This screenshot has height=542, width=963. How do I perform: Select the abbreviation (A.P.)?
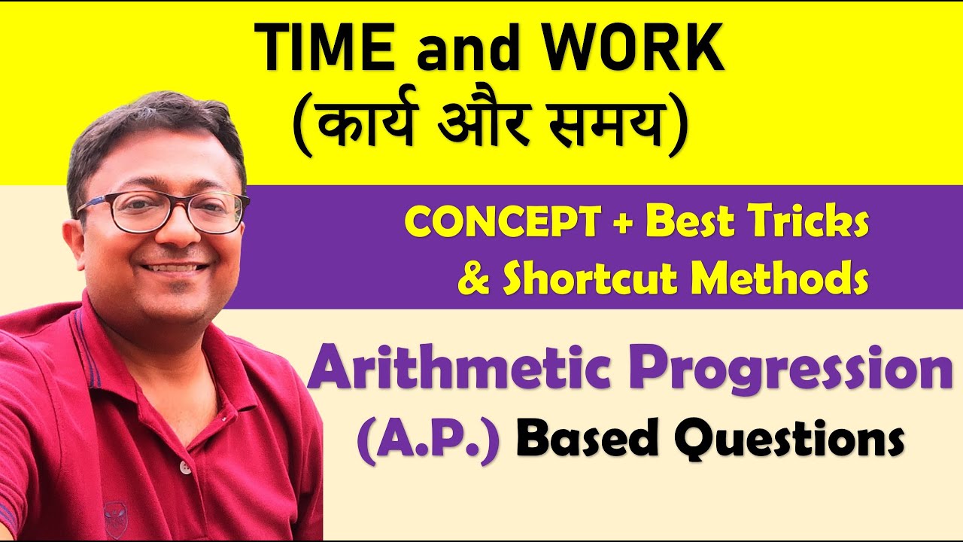[429, 440]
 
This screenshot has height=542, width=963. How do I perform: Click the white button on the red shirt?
[185, 467]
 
